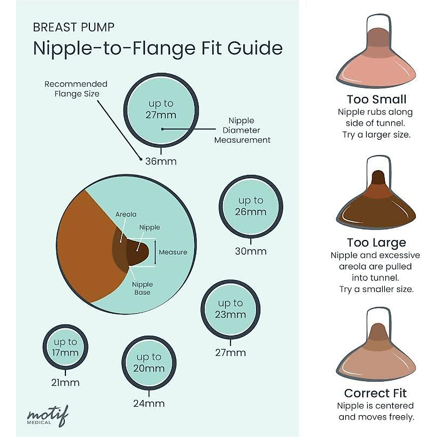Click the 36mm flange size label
click(161, 161)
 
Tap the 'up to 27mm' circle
click(161, 110)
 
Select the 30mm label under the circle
click(251, 251)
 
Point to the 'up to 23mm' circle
click(230, 309)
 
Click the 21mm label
click(66, 383)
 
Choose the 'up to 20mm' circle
click(149, 363)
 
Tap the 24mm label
click(149, 403)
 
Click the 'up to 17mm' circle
click(66, 347)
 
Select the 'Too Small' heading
click(376, 99)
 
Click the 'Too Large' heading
click(376, 243)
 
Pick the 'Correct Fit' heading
click(375, 393)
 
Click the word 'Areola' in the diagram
click(126, 214)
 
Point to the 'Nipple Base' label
click(142, 288)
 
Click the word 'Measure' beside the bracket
click(173, 252)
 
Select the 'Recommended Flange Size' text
click(76, 89)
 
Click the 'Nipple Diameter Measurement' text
click(242, 130)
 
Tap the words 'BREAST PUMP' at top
click(74, 27)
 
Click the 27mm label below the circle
click(230, 353)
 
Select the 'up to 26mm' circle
click(251, 206)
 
